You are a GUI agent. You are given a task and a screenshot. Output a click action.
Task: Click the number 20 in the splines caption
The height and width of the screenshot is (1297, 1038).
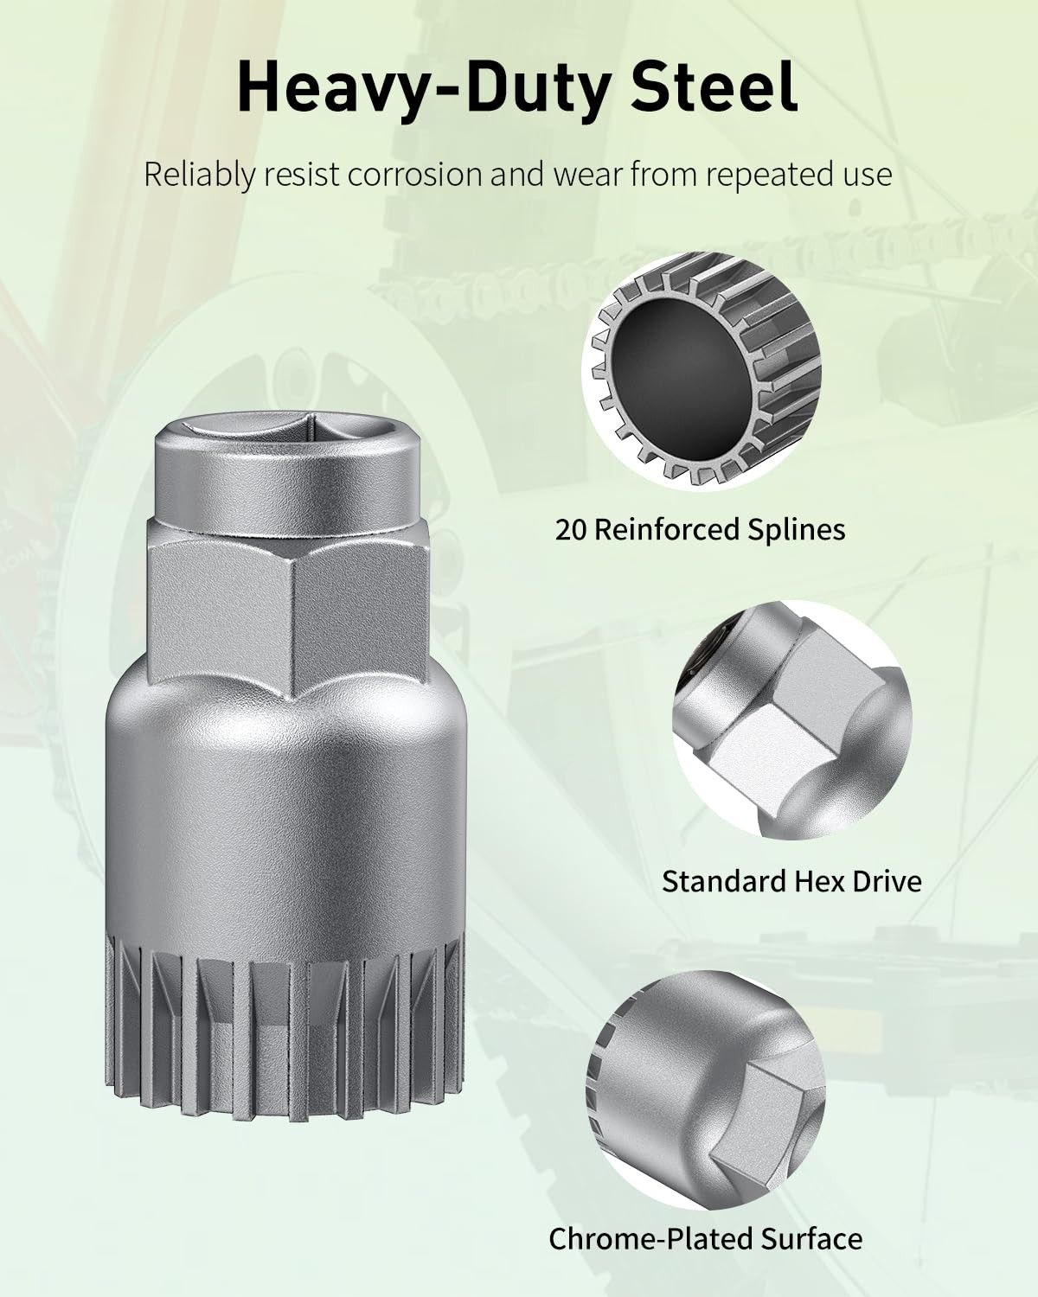pos(571,530)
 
